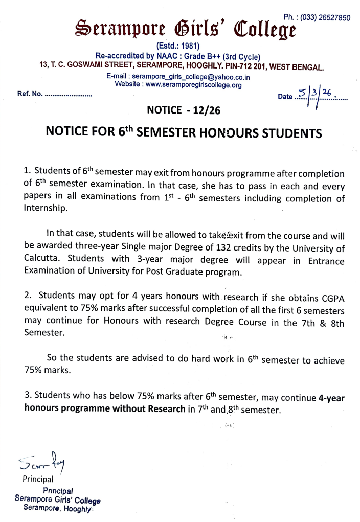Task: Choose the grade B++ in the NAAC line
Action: tap(198, 56)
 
